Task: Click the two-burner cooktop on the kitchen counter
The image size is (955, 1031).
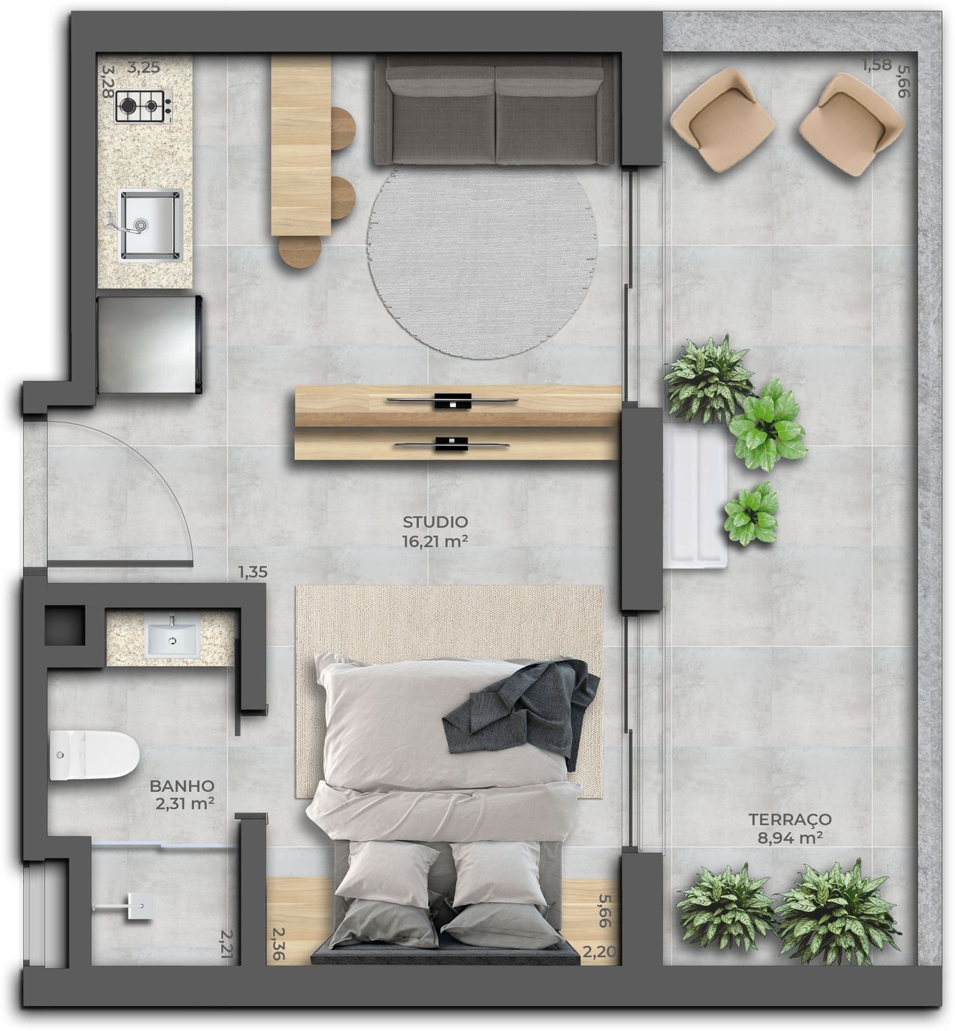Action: point(143,106)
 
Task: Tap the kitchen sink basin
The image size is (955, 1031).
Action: point(150,224)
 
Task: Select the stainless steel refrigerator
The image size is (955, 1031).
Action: point(149,344)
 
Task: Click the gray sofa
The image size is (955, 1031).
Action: point(494,111)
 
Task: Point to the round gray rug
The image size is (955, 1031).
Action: point(482,261)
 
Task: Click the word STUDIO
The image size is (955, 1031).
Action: point(435,522)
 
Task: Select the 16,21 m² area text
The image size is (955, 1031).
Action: point(435,541)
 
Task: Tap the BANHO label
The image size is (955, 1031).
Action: point(182,786)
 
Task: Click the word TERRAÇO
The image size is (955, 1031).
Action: point(790,819)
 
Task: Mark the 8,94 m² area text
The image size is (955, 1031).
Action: point(790,838)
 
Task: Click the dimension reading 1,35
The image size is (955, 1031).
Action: point(253,572)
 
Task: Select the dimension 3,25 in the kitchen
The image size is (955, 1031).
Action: point(143,69)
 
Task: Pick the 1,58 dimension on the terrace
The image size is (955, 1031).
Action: point(876,65)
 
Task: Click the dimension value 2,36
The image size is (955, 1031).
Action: point(278,944)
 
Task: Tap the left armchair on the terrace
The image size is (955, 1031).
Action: point(722,119)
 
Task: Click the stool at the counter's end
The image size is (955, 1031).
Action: point(300,251)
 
